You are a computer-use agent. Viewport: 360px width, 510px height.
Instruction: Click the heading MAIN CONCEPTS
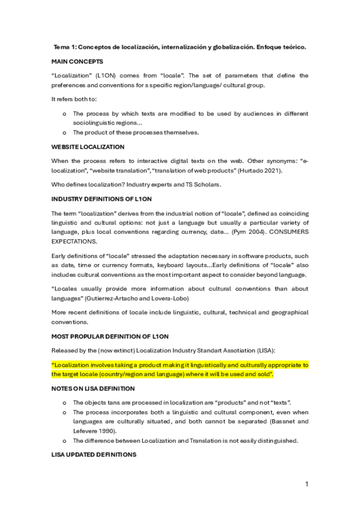tap(77, 61)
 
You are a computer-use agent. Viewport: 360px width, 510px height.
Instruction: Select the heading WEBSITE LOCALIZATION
tap(88, 147)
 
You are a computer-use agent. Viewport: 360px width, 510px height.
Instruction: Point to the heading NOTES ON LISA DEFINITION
tap(93, 389)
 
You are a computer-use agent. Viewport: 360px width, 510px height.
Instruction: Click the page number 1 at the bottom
tap(307, 484)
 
